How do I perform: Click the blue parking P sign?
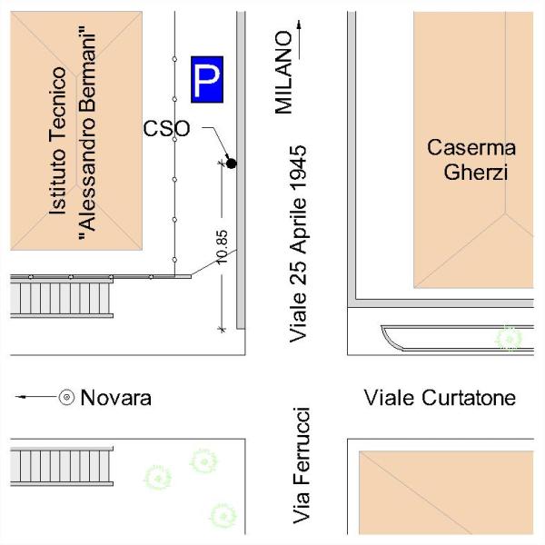click(x=207, y=80)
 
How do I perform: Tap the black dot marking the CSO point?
click(x=231, y=163)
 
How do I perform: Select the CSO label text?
click(x=166, y=128)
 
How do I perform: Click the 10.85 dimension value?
click(x=223, y=247)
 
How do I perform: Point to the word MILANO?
click(x=283, y=73)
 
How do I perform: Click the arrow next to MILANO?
click(x=299, y=39)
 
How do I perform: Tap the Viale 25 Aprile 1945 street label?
click(x=298, y=244)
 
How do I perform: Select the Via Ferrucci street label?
click(x=301, y=465)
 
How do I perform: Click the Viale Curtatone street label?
click(x=440, y=398)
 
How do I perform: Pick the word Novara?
click(x=115, y=398)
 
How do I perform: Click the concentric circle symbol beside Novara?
click(x=66, y=397)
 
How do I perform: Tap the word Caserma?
click(x=471, y=147)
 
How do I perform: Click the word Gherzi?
click(x=475, y=172)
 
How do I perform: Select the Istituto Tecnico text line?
click(x=57, y=141)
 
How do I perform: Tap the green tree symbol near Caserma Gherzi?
click(x=509, y=338)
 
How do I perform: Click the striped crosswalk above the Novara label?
click(x=62, y=299)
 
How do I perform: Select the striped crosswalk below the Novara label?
click(x=62, y=467)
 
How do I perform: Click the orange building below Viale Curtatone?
click(x=446, y=492)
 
